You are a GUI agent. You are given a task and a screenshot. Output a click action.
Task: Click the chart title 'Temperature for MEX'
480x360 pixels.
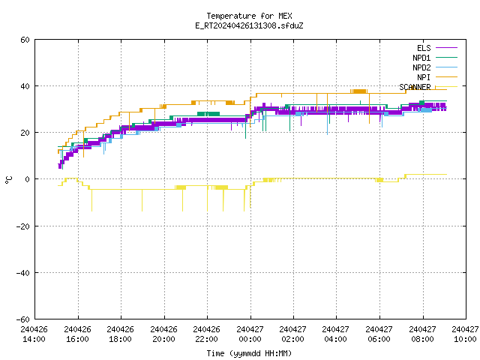pos(249,16)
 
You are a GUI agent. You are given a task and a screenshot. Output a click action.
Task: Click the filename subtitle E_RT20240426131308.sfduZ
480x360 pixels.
pos(249,25)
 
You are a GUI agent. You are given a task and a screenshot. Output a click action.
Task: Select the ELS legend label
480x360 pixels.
pos(424,48)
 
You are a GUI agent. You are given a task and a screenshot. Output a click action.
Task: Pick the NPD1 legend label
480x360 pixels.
pos(421,58)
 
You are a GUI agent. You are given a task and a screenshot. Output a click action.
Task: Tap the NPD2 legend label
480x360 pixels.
pos(421,67)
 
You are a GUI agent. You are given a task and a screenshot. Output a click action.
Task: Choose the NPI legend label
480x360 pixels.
pos(424,77)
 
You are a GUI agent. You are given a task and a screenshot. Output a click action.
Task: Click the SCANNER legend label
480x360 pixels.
pos(415,87)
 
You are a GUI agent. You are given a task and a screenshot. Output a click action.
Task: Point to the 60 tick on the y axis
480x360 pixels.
pos(25,40)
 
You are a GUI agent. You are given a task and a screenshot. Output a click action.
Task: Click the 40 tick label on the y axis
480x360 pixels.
pos(25,86)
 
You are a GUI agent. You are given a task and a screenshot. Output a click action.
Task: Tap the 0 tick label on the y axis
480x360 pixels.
pos(27,179)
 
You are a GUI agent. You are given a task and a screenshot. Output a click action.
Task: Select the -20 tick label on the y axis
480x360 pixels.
pos(23,226)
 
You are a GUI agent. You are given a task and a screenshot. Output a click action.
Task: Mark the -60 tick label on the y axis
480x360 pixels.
pos(23,319)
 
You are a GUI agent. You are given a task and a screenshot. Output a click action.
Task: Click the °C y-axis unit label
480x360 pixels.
pos(8,180)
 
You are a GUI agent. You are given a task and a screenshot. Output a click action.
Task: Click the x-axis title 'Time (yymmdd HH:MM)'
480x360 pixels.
pos(249,353)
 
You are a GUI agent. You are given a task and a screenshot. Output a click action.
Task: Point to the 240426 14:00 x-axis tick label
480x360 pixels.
pos(34,334)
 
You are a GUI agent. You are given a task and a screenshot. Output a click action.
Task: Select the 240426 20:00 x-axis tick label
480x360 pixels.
pos(163,334)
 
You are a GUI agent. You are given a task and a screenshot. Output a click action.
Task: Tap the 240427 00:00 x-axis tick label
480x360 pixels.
pos(250,334)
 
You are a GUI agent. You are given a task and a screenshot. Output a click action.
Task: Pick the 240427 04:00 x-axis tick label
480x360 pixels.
pos(335,334)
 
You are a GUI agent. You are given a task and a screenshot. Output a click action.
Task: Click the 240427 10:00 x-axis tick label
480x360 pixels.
pos(465,334)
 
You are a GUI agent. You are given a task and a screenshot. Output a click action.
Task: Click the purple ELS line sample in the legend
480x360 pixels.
pos(446,48)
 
